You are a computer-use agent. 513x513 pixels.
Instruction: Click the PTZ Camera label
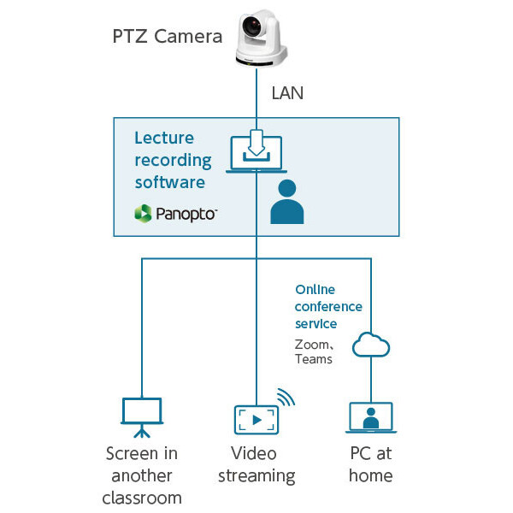(168, 37)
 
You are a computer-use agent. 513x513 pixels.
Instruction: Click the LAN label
(286, 92)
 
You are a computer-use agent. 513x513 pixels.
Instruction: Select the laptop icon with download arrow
(256, 150)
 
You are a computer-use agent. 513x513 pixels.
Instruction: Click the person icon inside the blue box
(286, 202)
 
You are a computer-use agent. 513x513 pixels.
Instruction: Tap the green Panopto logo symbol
(143, 213)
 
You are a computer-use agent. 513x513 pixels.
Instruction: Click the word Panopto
(186, 213)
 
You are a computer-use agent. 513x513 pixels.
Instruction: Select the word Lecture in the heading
(164, 139)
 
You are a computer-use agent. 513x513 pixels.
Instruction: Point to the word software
(170, 181)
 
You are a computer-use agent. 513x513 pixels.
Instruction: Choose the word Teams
(314, 359)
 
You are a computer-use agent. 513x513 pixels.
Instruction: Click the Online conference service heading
(328, 307)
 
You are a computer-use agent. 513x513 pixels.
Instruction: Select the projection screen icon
(141, 414)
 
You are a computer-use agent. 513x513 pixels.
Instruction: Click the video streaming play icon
(256, 419)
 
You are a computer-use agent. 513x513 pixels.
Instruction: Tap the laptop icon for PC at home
(371, 418)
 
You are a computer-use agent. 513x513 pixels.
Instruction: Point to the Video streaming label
(256, 464)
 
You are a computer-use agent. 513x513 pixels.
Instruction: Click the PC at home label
(371, 464)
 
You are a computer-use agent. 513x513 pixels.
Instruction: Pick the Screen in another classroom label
(142, 475)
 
